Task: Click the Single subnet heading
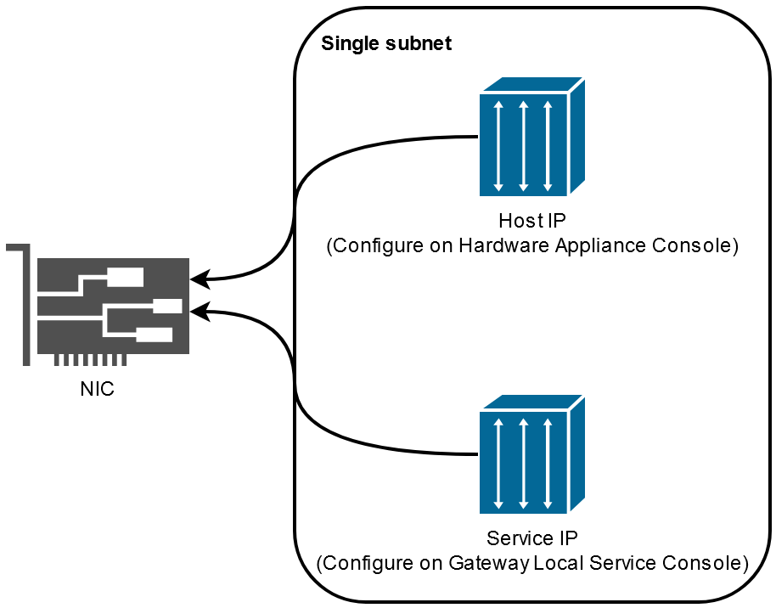click(x=386, y=43)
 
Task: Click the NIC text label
click(x=98, y=390)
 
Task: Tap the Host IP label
click(x=532, y=222)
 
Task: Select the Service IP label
click(x=532, y=538)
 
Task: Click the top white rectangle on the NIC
click(x=126, y=277)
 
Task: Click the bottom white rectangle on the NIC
click(x=154, y=334)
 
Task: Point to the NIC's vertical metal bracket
click(x=25, y=306)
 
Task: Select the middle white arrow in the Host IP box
click(x=524, y=145)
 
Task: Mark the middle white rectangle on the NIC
click(x=166, y=306)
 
